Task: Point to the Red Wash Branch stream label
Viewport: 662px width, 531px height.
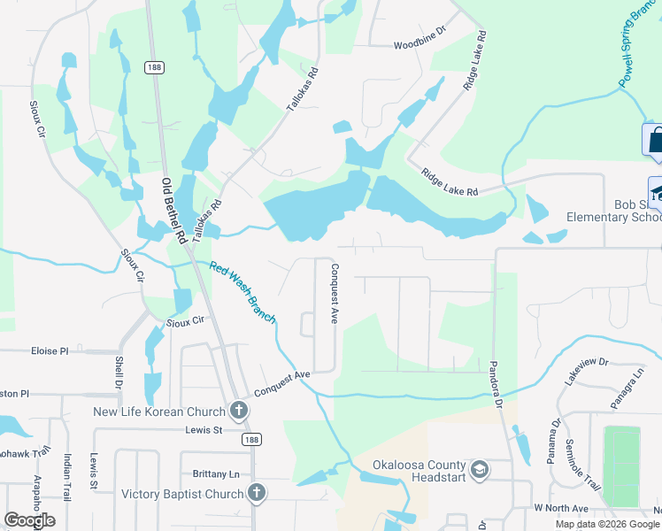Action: (x=243, y=292)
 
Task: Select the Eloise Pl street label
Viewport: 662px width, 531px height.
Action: (x=50, y=351)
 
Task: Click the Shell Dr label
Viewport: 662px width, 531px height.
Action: (x=118, y=373)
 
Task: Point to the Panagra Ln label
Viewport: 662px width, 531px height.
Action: (x=627, y=389)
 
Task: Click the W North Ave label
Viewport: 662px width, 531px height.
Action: (x=561, y=509)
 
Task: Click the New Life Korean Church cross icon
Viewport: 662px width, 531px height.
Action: (x=238, y=411)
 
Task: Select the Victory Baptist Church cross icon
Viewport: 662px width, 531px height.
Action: (x=257, y=494)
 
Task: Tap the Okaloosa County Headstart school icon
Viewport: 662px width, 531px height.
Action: (x=479, y=468)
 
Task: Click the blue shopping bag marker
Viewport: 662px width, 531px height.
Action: (x=655, y=142)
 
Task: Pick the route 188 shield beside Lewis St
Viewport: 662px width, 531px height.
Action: (x=253, y=439)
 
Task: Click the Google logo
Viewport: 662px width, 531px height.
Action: (x=30, y=520)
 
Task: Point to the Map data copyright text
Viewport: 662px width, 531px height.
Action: (x=607, y=524)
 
